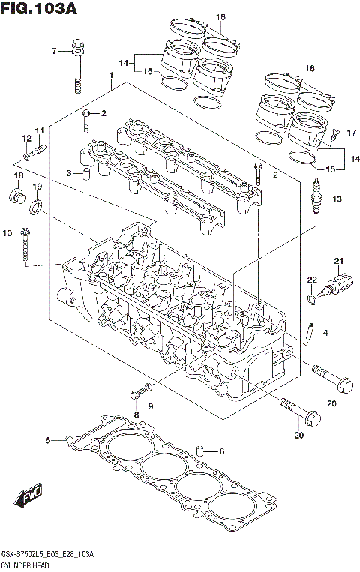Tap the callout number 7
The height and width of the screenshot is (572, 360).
click(54, 51)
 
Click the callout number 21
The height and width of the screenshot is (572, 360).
click(337, 261)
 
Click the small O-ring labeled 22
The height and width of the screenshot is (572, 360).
click(311, 301)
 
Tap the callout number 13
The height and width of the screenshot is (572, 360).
click(337, 199)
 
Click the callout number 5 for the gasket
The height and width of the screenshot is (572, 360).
click(47, 440)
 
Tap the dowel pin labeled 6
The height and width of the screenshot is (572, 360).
click(202, 451)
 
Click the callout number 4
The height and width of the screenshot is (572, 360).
click(326, 332)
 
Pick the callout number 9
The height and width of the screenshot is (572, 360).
click(149, 406)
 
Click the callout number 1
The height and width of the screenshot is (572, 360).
click(110, 76)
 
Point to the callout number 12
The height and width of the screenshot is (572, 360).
click(25, 139)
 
